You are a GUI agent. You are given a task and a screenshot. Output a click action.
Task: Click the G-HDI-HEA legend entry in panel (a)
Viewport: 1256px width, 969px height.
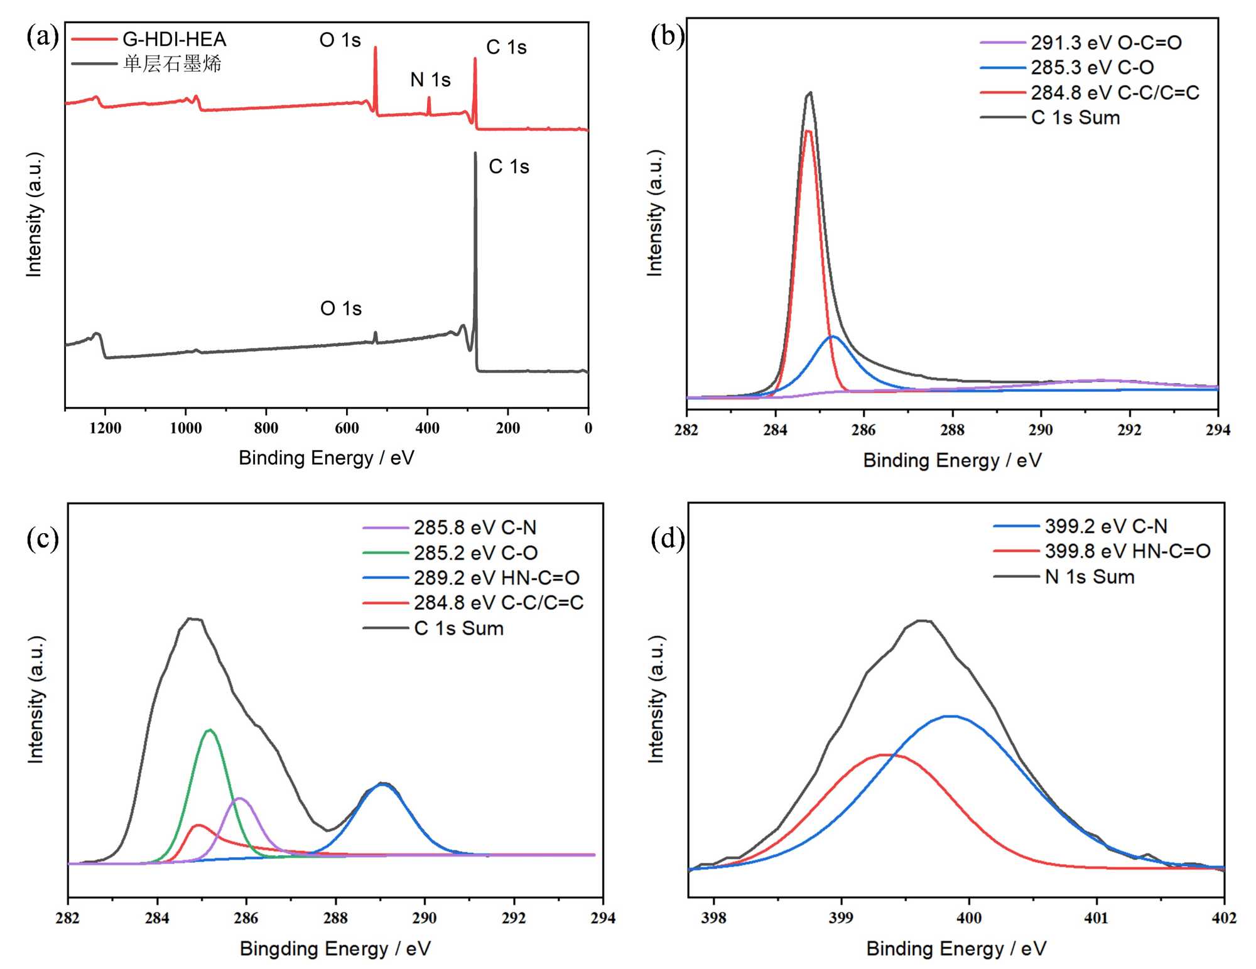click(174, 40)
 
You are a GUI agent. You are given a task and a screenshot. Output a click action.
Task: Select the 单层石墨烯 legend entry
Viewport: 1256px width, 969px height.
click(172, 64)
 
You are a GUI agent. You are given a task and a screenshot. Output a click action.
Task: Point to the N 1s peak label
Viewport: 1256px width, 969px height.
click(430, 80)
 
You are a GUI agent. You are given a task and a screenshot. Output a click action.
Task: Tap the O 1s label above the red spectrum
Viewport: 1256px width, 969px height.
click(340, 40)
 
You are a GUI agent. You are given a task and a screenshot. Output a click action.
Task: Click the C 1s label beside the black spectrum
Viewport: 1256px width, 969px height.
click(509, 166)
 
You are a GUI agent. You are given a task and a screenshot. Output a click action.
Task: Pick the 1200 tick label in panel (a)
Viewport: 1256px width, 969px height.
click(105, 428)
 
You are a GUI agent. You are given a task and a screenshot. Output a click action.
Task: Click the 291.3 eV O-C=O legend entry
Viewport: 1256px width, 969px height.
click(1106, 43)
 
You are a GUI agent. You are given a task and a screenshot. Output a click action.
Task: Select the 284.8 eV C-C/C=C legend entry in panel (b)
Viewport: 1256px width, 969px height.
click(1115, 93)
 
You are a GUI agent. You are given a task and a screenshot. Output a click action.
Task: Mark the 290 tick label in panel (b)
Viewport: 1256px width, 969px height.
click(1041, 430)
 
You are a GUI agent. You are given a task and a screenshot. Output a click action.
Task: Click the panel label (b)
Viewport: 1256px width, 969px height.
click(668, 36)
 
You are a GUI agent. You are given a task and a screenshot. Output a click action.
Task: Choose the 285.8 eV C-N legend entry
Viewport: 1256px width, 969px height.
click(475, 528)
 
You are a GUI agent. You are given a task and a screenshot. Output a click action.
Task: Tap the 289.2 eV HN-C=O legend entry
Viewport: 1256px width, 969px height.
click(496, 578)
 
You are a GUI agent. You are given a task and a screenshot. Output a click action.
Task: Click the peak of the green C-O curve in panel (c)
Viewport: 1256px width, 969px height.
click(210, 730)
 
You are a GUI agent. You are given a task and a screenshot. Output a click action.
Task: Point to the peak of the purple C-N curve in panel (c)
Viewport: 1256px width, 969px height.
click(239, 798)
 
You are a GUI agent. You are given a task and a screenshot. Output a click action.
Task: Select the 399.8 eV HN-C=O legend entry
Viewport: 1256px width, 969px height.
click(1127, 551)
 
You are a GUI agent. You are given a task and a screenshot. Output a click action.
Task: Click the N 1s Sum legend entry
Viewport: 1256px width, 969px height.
click(1090, 577)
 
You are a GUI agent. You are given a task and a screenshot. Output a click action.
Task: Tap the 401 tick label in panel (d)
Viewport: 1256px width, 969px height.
click(1096, 918)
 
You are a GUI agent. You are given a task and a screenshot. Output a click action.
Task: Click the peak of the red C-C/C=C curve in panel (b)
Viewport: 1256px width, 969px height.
click(808, 131)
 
